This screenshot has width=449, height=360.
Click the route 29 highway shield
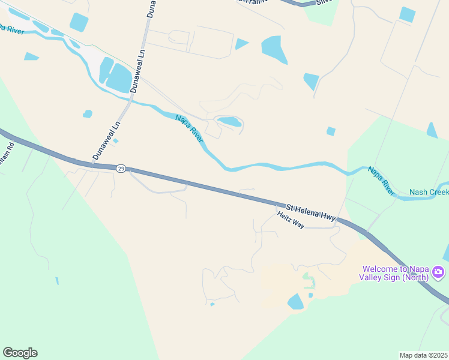tap(121, 169)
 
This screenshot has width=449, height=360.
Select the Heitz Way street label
tap(291, 220)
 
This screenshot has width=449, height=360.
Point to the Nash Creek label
tap(429, 192)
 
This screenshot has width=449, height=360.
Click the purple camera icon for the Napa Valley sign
tap(439, 273)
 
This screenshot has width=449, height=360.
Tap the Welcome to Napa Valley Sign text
tap(394, 273)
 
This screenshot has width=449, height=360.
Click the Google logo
tap(20, 353)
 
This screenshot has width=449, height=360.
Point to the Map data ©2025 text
tap(423, 355)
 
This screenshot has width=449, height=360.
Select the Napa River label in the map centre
tap(190, 129)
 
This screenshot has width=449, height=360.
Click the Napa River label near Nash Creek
tap(382, 181)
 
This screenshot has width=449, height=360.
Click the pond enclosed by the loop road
tap(229, 122)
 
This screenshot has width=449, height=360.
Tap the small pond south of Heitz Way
tap(296, 302)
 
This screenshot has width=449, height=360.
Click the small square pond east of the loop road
tap(331, 131)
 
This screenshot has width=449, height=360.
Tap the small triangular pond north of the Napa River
tap(241, 43)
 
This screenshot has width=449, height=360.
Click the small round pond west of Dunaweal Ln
tap(88, 113)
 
